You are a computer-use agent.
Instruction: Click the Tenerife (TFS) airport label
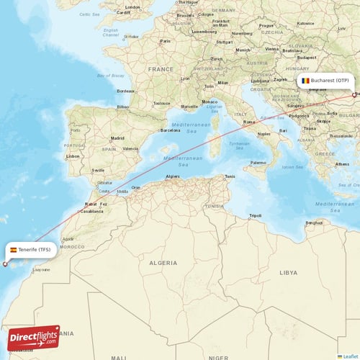point(30,250)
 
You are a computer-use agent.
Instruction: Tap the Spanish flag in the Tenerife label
point(13,250)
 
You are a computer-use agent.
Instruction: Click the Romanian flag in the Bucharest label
point(305,81)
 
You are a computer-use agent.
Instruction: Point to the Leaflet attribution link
point(348,356)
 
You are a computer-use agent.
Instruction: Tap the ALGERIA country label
point(163,264)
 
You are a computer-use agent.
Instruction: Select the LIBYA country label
point(288,273)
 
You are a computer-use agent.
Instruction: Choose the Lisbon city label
point(72,156)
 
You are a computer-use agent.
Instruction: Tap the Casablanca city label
point(91,211)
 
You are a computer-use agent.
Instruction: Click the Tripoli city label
point(255,215)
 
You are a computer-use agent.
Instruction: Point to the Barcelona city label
point(171,130)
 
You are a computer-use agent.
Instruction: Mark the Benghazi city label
point(314,222)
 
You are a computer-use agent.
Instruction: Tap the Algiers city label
point(173,176)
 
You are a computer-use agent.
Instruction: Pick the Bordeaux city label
point(126,91)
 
